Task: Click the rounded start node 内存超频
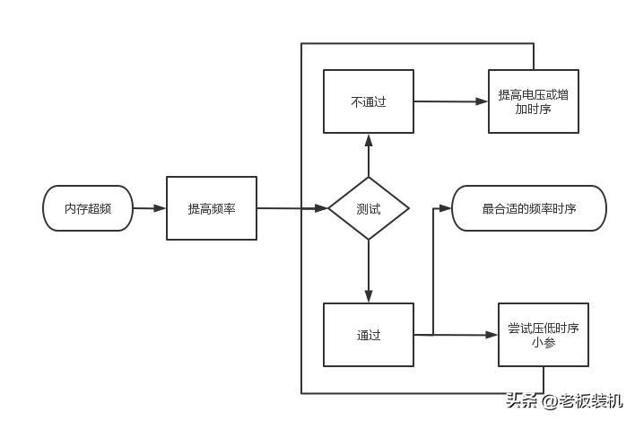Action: (88, 208)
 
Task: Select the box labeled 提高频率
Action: (212, 208)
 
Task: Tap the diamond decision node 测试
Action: (369, 208)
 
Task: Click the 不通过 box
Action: (369, 101)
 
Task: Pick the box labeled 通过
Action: (369, 335)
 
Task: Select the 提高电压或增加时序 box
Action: (534, 101)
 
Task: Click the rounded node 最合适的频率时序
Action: (529, 208)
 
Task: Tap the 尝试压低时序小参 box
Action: (544, 335)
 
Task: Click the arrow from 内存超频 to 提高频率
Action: (150, 208)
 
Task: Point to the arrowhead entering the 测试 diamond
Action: (322, 208)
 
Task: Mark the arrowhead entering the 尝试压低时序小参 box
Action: (491, 335)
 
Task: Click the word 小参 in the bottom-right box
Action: (544, 342)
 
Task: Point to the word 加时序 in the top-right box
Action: (534, 109)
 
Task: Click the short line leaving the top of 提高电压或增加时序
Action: (534, 57)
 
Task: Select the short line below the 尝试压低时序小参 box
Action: (544, 380)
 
